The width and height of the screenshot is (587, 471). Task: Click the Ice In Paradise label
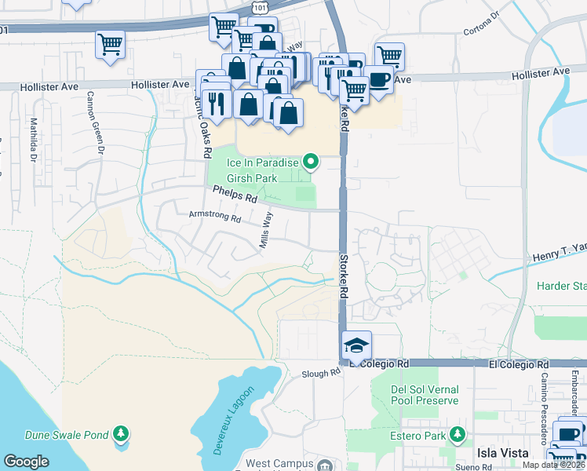263,163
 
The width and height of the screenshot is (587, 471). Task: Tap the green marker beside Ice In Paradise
311,163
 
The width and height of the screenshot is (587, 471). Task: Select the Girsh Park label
253,178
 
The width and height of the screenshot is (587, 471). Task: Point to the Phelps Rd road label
235,195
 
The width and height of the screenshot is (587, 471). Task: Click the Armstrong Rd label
214,215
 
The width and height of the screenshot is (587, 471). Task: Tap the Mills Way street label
266,230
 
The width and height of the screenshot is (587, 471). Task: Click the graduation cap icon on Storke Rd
356,346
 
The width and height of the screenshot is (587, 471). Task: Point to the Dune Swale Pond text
65,434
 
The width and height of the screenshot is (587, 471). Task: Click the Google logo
27,462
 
